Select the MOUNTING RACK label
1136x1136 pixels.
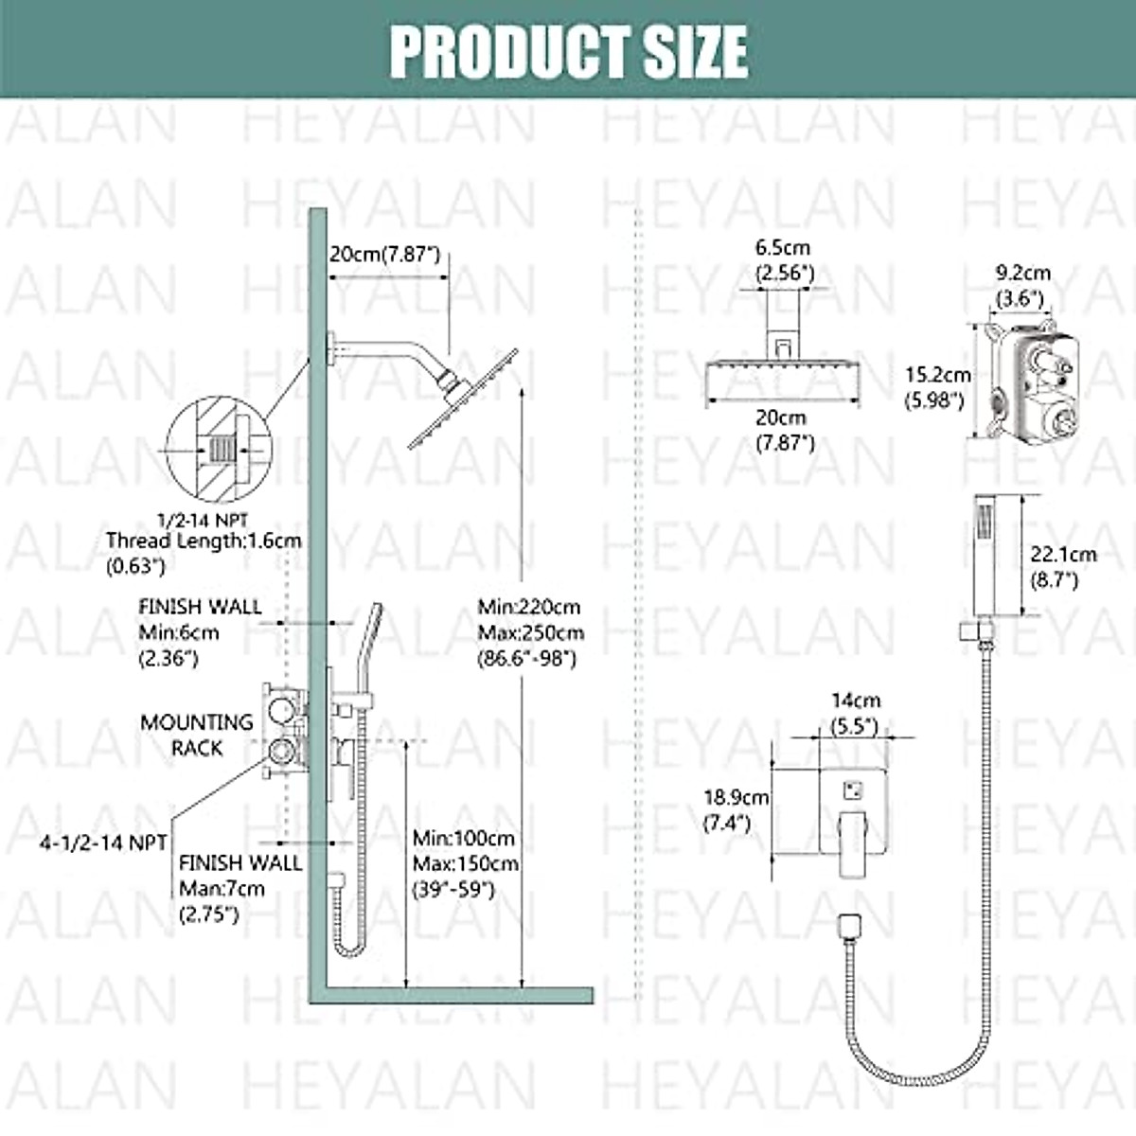pyautogui.click(x=197, y=735)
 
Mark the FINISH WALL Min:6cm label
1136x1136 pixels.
pyautogui.click(x=199, y=631)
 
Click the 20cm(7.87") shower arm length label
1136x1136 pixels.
pyautogui.click(x=384, y=254)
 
